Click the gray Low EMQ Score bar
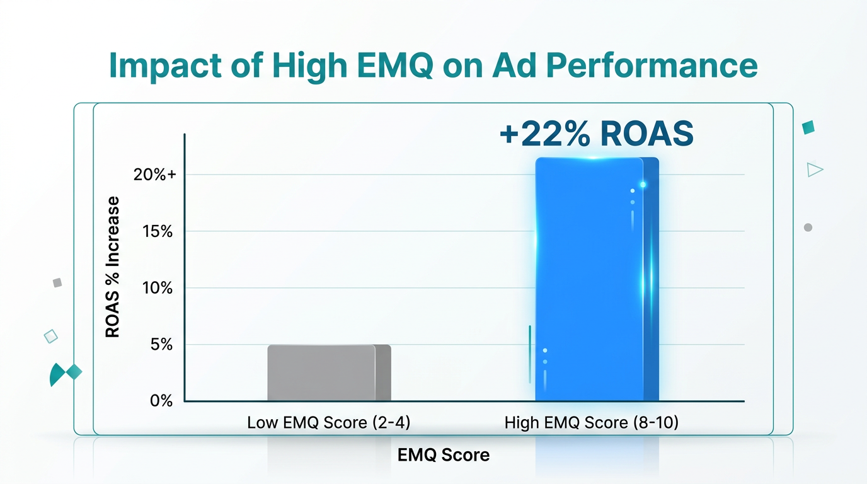(328, 372)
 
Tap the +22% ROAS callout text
(595, 134)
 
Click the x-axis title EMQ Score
(443, 455)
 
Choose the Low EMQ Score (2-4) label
(328, 423)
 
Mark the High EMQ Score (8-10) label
(591, 423)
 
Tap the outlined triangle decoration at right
(815, 169)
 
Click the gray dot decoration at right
(808, 228)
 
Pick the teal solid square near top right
(808, 127)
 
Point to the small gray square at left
(57, 283)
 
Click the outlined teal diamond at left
(51, 336)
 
